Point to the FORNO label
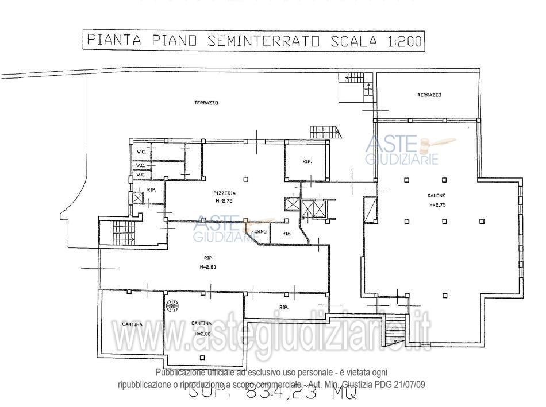(x=259, y=231)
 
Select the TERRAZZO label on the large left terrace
(x=207, y=103)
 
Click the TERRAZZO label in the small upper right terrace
(x=429, y=95)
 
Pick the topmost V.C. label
(x=140, y=152)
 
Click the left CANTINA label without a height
(x=132, y=324)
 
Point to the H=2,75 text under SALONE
(x=436, y=204)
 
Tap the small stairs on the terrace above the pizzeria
(x=326, y=131)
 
